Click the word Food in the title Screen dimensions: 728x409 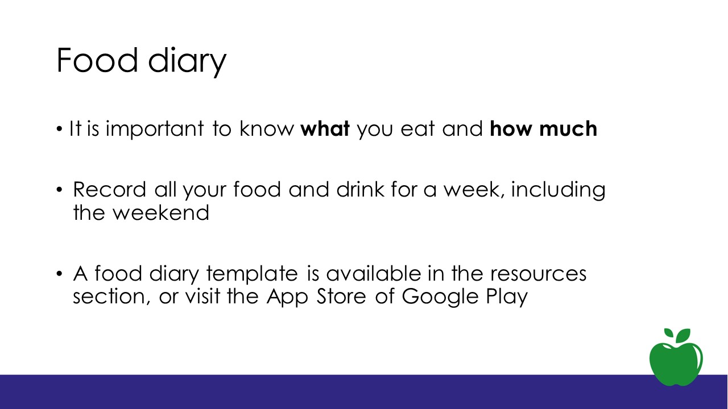97,60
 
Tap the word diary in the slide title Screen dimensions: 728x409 187,62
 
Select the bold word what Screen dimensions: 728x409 325,128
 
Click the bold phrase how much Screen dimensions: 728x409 543,128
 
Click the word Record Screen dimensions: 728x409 110,189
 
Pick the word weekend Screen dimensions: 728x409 160,212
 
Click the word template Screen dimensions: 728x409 252,274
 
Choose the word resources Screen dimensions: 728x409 539,274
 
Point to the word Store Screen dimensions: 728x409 341,296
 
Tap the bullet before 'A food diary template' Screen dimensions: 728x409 59,274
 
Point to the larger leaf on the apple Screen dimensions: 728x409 683,336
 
